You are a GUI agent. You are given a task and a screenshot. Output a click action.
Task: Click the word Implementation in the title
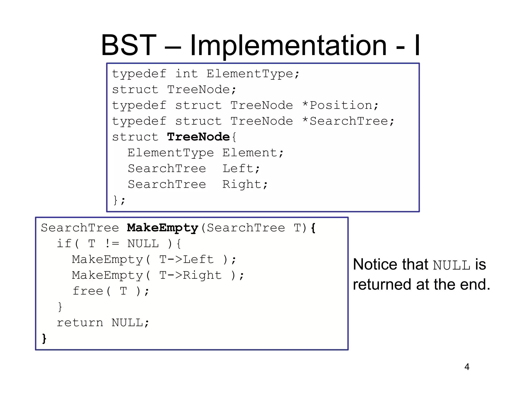click(288, 46)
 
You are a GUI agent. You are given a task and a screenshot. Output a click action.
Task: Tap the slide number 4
click(467, 367)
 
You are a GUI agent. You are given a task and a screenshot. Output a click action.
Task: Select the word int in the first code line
click(186, 74)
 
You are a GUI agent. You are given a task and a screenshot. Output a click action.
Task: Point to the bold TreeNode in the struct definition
click(198, 137)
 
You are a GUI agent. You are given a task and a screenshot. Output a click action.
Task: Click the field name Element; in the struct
click(253, 153)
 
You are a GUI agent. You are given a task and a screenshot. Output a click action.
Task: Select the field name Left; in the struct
click(241, 169)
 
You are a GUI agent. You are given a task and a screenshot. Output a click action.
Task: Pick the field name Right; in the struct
click(245, 184)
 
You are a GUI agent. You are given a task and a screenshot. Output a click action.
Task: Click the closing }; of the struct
click(119, 200)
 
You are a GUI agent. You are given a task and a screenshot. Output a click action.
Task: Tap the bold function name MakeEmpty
click(162, 228)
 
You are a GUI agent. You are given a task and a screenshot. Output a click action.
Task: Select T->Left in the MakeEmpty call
click(186, 260)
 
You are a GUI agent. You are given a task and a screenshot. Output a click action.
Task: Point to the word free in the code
click(88, 291)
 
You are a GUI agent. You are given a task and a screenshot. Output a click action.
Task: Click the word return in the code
click(80, 323)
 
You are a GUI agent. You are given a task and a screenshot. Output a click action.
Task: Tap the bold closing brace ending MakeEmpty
click(44, 339)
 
